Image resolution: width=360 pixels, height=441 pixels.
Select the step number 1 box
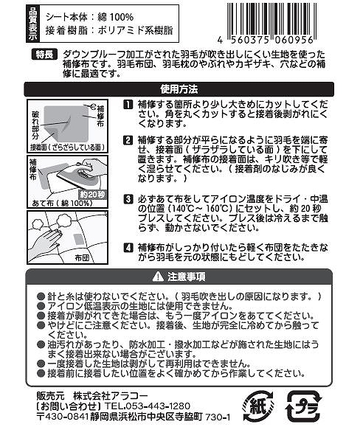coord(128,106)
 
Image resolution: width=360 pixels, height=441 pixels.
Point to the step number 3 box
coord(128,199)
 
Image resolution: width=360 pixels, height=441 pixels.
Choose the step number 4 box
coord(128,247)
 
